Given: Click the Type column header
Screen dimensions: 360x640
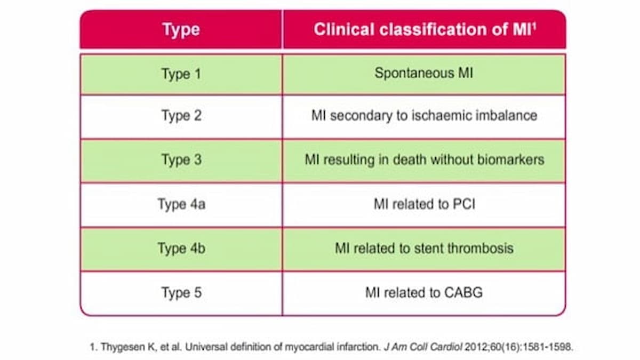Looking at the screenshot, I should [x=181, y=30].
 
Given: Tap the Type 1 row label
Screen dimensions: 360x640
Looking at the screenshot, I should [x=181, y=73].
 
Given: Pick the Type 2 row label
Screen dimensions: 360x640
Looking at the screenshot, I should [x=181, y=116].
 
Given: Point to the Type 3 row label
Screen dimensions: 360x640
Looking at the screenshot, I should [x=181, y=159].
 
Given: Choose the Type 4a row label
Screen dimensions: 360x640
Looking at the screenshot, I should [x=181, y=204].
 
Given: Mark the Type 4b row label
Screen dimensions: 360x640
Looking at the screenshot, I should [x=181, y=248].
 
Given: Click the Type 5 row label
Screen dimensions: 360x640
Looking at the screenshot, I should [x=181, y=293].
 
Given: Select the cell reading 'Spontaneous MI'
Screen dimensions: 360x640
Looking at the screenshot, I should [x=424, y=73].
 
